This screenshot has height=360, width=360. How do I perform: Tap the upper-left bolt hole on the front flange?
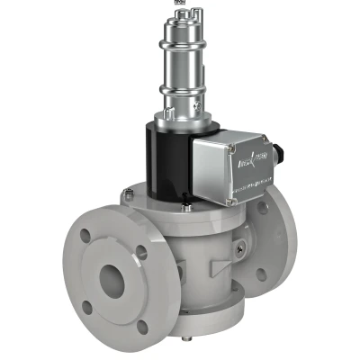[x=84, y=236]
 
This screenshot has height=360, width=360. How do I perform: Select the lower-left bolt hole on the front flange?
[x=87, y=307]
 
